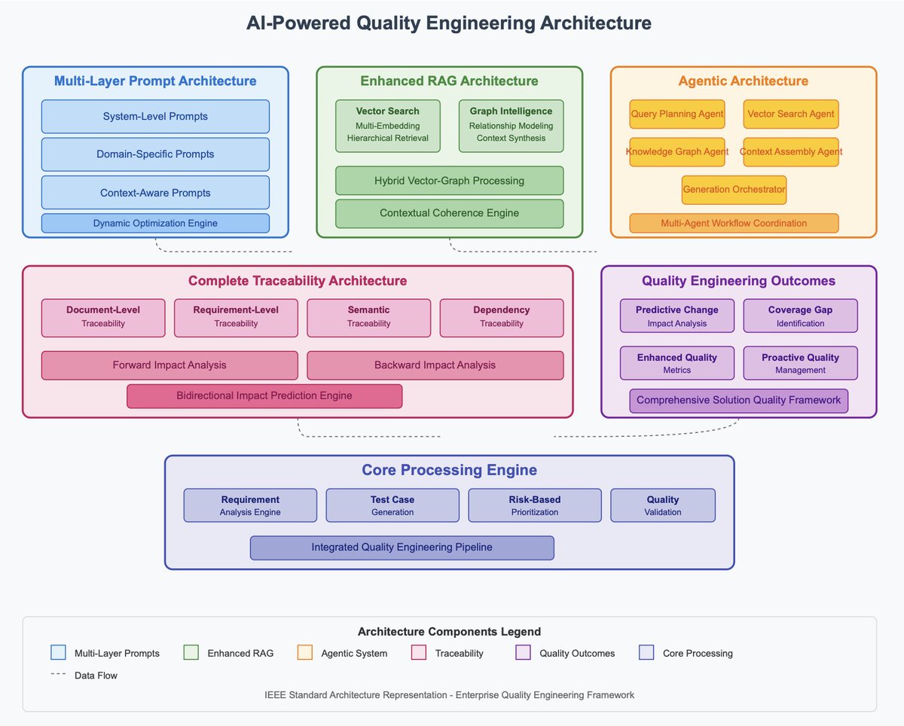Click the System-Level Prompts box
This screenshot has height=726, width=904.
(155, 116)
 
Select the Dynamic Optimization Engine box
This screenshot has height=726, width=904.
(155, 223)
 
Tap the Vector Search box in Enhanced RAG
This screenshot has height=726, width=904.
(388, 124)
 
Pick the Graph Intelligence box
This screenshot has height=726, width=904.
(511, 124)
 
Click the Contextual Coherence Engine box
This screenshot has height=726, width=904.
(449, 213)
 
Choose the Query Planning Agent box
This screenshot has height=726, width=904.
(676, 114)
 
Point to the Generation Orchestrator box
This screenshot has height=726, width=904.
(734, 190)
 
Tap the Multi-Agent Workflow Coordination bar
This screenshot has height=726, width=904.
(734, 223)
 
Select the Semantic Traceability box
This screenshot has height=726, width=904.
(369, 317)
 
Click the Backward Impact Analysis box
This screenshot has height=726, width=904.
(435, 365)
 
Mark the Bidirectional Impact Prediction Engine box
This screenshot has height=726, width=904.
(264, 395)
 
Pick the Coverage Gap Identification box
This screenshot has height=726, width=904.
(800, 316)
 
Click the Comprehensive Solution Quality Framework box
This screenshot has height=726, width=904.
(738, 400)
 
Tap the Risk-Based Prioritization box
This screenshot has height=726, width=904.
(535, 505)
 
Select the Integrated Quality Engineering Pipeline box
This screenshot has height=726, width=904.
(402, 548)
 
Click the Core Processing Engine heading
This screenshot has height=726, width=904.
(449, 470)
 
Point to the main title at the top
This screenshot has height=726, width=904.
(449, 23)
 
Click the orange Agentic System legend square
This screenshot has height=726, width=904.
(305, 652)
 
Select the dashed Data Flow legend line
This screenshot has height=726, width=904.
(58, 675)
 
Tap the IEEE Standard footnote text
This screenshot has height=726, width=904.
(449, 694)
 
